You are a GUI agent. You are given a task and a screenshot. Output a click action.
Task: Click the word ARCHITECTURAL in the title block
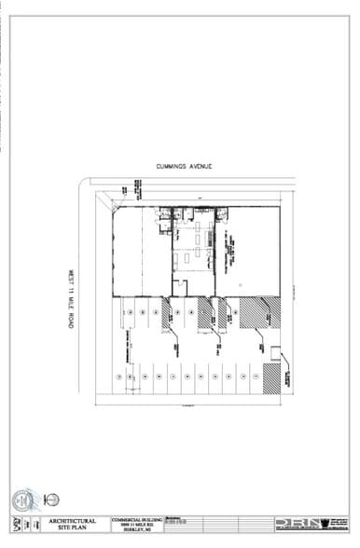[x=68, y=519]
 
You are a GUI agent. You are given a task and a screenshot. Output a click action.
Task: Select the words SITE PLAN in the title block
[x=68, y=527]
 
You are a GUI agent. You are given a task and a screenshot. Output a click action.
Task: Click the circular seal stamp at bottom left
[x=24, y=500]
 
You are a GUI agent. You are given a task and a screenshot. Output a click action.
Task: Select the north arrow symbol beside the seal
[x=52, y=500]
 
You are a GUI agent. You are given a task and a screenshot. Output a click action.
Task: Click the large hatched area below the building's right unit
[x=259, y=312]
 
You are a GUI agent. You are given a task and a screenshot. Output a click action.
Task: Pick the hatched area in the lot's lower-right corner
[x=271, y=377]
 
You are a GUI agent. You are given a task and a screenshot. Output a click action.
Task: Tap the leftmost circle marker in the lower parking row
[x=118, y=376]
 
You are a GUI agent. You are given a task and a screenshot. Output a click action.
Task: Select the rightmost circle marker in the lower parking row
[x=256, y=376]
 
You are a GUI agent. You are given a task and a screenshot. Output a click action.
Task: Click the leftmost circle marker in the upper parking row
[x=129, y=312]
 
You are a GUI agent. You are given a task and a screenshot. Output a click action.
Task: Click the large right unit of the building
[x=247, y=252]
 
